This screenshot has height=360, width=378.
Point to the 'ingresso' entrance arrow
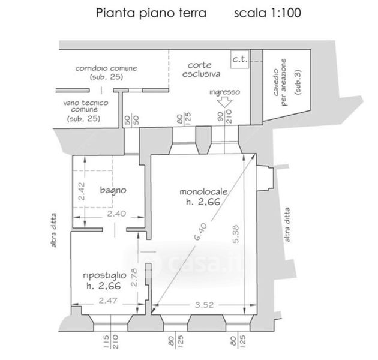pos(225,103)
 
